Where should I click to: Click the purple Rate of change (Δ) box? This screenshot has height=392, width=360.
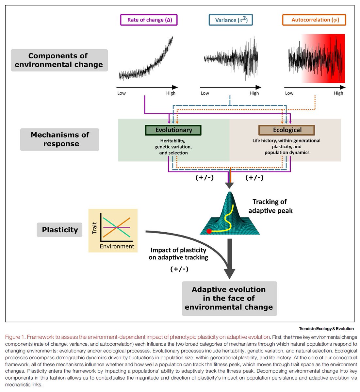click(x=149, y=20)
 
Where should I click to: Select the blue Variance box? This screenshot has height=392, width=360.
click(x=231, y=20)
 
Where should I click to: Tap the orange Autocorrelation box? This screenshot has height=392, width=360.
click(x=314, y=20)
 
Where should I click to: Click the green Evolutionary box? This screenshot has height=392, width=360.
click(x=173, y=130)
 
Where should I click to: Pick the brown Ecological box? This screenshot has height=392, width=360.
click(x=286, y=130)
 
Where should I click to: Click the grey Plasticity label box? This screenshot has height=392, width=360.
click(x=59, y=230)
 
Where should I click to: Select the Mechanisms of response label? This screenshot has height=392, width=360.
click(x=59, y=139)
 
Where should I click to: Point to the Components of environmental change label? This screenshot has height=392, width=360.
click(x=59, y=60)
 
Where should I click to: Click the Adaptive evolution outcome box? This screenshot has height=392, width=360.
click(x=229, y=298)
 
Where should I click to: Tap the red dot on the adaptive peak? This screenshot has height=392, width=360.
click(x=209, y=231)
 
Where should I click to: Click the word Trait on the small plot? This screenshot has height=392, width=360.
click(x=95, y=228)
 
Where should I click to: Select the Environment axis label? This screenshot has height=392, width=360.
click(x=117, y=246)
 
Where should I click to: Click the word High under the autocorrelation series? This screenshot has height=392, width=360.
click(x=338, y=93)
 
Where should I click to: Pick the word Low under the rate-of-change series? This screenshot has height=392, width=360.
click(x=122, y=93)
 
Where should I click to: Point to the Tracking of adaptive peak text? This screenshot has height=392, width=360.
click(x=270, y=206)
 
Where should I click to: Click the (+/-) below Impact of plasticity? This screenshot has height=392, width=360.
click(x=179, y=269)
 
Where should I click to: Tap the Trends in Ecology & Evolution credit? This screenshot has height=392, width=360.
click(x=326, y=329)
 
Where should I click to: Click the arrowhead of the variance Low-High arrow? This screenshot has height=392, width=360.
click(x=258, y=87)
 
